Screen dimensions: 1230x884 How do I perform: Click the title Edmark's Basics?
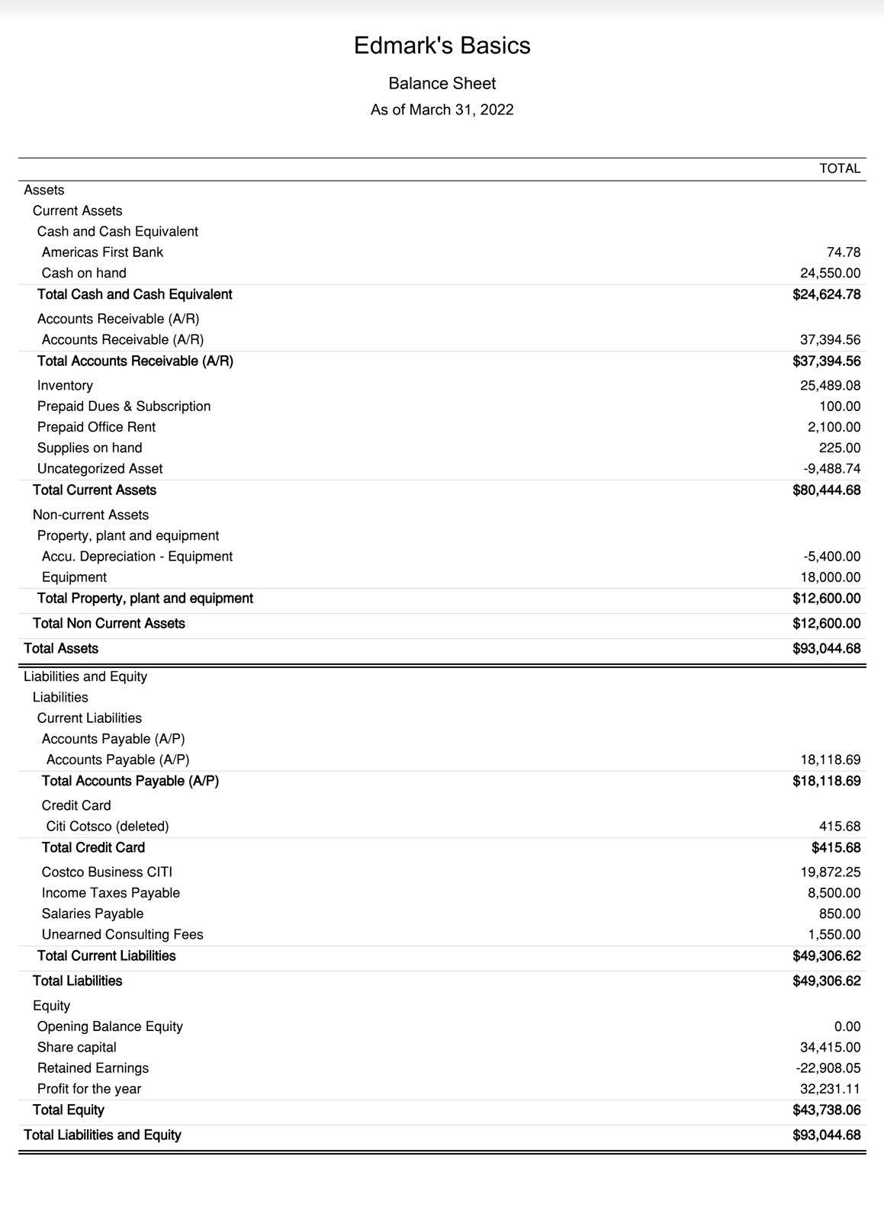coord(442,46)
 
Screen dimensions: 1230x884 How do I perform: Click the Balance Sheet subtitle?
coord(442,84)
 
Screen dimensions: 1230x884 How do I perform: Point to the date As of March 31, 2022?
coord(442,110)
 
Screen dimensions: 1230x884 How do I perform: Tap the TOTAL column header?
coord(840,169)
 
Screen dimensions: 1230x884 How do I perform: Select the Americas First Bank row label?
coord(102,252)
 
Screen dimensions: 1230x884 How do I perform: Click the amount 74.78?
coord(844,252)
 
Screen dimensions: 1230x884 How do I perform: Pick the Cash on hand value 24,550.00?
coord(830,273)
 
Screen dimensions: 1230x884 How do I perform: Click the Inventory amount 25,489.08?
coord(830,386)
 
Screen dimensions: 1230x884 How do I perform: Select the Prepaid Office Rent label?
coord(96,427)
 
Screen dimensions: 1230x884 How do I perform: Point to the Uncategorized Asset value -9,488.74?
coord(831,469)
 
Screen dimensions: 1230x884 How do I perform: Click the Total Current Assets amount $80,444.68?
coord(826,490)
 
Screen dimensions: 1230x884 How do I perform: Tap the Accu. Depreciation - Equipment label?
coord(137,557)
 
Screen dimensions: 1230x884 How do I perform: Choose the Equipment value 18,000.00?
coord(830,577)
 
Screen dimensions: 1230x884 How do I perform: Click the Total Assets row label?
coord(61,649)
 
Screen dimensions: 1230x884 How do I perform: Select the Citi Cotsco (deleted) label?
coord(108,827)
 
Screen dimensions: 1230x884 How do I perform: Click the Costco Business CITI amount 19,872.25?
coord(830,872)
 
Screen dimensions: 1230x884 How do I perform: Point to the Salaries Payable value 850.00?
coord(840,914)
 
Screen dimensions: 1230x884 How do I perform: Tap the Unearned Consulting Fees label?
coord(122,935)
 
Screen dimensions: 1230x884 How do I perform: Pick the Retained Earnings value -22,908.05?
coord(828,1068)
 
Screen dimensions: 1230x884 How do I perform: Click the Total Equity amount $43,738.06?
coord(826,1110)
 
